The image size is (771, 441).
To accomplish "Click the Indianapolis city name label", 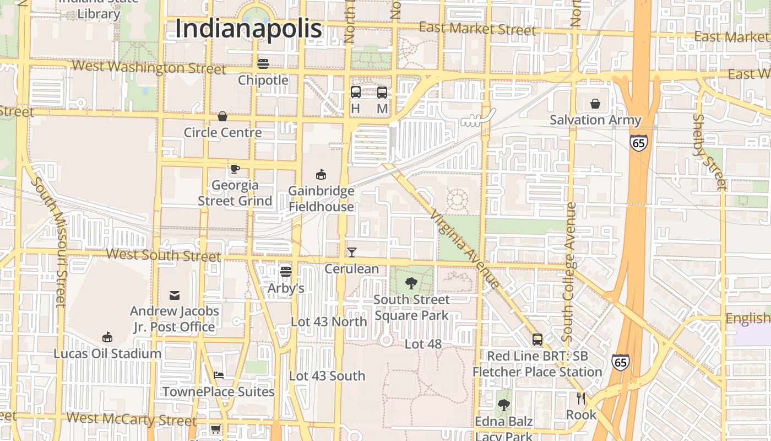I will tap(248, 29).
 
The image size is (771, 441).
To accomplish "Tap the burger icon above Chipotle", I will tap(263, 64).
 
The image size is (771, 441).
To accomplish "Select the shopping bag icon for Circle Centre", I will tap(222, 116).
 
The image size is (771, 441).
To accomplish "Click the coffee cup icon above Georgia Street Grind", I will tap(235, 169).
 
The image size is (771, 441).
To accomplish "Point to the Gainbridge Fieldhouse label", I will tap(322, 199).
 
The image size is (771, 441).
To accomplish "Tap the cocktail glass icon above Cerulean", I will tap(352, 252).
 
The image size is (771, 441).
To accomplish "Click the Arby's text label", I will tap(286, 288).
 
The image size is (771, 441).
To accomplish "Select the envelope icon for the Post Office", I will tap(175, 295).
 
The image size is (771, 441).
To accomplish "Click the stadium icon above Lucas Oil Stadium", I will tap(107, 337).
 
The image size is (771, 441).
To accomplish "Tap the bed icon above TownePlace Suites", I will tap(219, 375).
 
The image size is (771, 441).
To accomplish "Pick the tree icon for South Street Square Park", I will tap(411, 283).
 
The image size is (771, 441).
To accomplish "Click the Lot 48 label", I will tap(423, 344).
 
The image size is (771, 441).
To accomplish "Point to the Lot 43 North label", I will tap(329, 321).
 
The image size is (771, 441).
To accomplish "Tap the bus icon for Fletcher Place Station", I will tap(537, 340).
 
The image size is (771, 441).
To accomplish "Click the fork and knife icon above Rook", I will tap(581, 399).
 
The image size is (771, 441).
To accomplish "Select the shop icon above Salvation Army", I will tap(595, 104).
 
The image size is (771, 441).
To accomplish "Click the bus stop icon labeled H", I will tap(356, 93).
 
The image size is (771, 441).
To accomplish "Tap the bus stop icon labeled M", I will tap(382, 93).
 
